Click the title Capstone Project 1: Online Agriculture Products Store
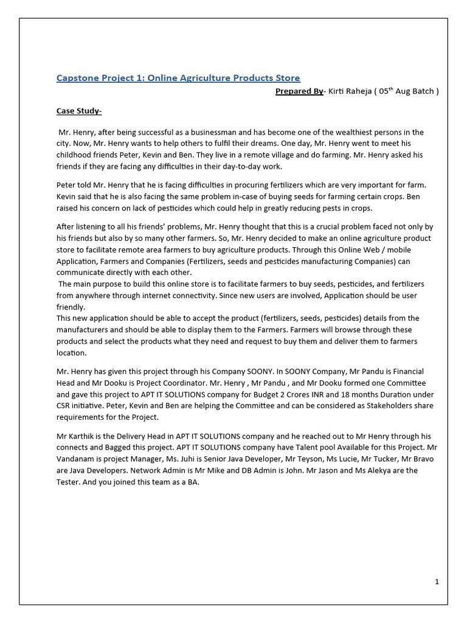pyautogui.click(x=178, y=78)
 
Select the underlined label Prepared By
pyautogui.click(x=299, y=91)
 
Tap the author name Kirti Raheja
pyautogui.click(x=350, y=91)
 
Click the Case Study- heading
pyautogui.click(x=79, y=111)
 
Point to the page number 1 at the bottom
pyautogui.click(x=437, y=582)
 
